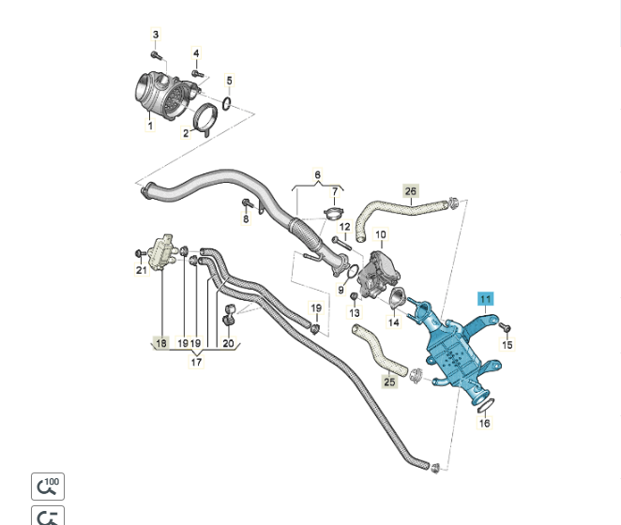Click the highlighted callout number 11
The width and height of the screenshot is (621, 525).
485,299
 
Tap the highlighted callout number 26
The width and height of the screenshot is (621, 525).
410,191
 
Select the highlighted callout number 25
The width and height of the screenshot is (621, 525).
389,382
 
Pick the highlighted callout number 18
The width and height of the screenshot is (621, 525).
161,343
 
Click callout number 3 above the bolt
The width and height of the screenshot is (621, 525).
156,35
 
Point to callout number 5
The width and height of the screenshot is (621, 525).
229,81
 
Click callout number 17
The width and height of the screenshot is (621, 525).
196,362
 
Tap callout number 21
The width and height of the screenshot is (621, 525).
142,271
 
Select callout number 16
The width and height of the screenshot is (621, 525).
484,423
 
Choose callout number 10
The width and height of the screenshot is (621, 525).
381,234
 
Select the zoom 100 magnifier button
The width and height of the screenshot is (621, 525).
48,487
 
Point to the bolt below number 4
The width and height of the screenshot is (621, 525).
197,72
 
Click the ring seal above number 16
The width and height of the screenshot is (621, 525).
482,404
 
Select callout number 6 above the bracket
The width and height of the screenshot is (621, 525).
317,175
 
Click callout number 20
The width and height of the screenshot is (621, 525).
228,343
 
